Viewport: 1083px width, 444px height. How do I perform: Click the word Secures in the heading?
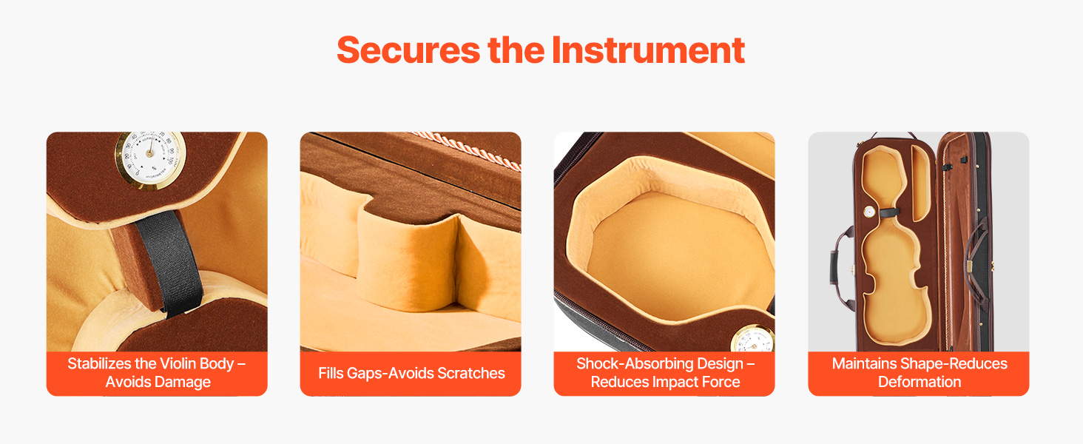[408, 50]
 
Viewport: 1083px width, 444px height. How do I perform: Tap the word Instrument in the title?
[648, 50]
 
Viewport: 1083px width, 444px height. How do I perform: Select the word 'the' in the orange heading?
[516, 50]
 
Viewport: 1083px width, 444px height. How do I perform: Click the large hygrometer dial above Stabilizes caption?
[150, 158]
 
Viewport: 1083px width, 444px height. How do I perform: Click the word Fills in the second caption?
[331, 373]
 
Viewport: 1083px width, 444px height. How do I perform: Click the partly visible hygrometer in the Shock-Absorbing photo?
[753, 340]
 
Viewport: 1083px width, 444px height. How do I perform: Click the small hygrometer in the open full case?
[869, 212]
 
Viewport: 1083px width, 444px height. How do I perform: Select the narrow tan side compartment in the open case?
[920, 182]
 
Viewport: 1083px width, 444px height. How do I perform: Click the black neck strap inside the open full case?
[889, 212]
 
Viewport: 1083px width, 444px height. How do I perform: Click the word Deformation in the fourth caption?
[920, 382]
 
